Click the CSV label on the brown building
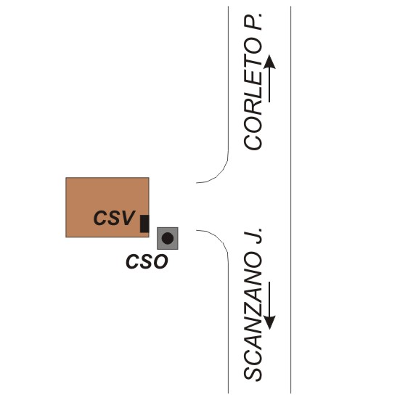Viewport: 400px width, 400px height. click(x=114, y=218)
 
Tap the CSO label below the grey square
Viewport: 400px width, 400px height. click(x=147, y=261)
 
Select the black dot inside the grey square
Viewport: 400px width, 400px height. click(x=168, y=238)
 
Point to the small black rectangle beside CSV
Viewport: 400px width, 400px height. click(x=144, y=224)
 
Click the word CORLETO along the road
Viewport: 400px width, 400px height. click(x=253, y=94)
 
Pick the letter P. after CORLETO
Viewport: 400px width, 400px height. click(x=253, y=22)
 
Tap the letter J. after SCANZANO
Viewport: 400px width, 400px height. click(x=253, y=235)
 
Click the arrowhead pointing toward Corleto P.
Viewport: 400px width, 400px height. click(x=269, y=62)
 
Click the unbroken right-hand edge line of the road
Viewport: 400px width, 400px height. click(x=291, y=200)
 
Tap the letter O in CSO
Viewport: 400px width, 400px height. click(x=160, y=261)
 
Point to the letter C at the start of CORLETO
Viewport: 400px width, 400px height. click(x=253, y=142)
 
